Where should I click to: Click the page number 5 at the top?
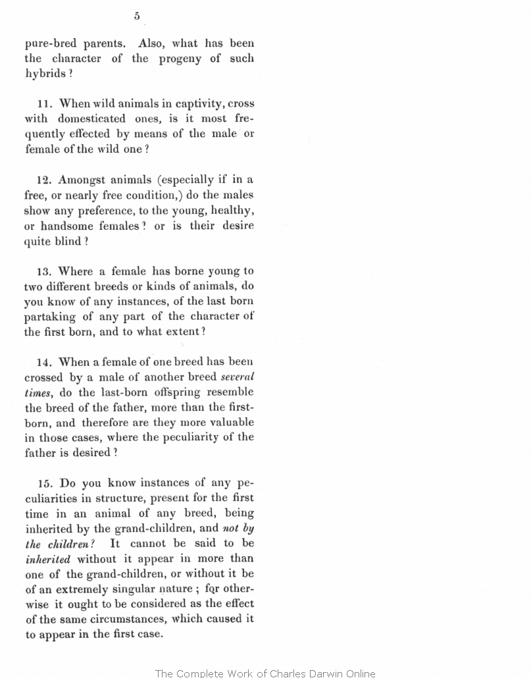pyautogui.click(x=137, y=16)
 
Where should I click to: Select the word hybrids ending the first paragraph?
pyautogui.click(x=45, y=73)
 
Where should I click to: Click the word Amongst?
pyautogui.click(x=82, y=180)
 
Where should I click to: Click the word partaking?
pyautogui.click(x=49, y=317)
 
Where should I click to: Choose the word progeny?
pyautogui.click(x=181, y=58)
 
